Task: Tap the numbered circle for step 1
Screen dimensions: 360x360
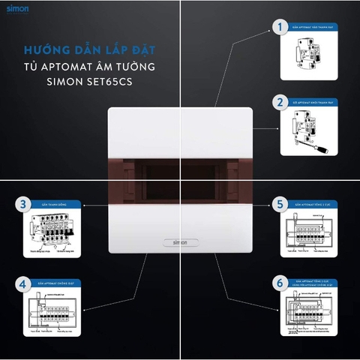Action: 280,28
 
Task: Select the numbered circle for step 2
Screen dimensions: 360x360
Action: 280,101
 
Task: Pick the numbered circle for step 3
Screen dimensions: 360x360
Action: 24,203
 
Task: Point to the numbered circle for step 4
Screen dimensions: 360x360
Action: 24,283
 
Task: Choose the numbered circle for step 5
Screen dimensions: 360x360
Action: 280,202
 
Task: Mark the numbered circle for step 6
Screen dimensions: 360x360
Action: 280,283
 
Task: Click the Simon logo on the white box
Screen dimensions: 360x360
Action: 181,243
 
